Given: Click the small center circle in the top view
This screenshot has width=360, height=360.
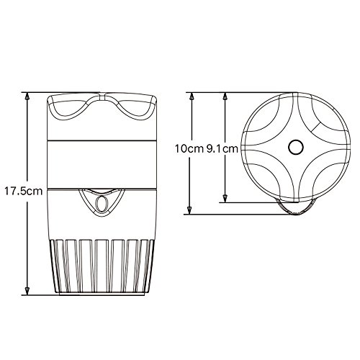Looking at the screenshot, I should coord(294,148).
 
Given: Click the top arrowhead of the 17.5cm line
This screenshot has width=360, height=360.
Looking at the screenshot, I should coord(27,96).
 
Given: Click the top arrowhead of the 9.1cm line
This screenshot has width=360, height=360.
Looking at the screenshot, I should coord(226,96).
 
